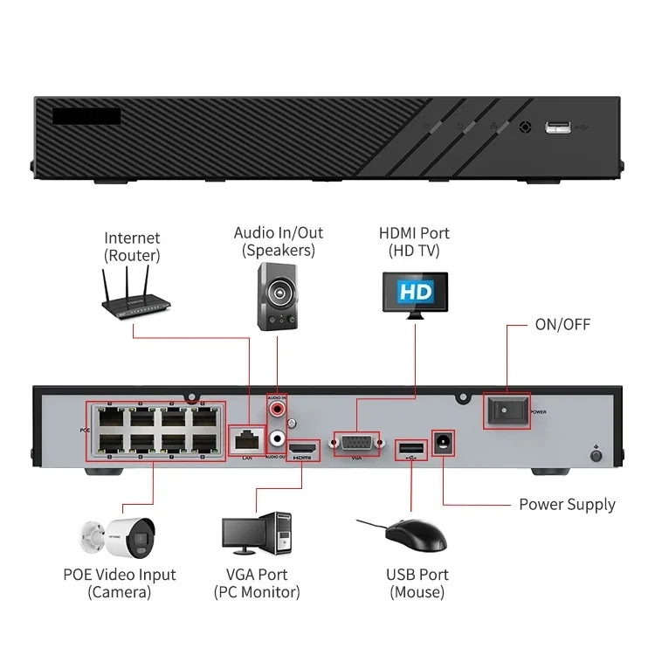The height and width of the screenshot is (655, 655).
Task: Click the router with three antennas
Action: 133,297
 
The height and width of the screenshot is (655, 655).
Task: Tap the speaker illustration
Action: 277,298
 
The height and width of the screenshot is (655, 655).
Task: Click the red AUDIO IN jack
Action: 278,408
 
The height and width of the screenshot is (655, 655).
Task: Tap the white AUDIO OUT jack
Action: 278,431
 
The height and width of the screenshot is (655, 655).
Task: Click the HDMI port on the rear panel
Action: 304,450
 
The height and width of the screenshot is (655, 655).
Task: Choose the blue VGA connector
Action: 356,442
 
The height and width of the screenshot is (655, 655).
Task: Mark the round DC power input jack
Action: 444,443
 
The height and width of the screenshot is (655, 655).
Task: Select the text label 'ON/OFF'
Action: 562,325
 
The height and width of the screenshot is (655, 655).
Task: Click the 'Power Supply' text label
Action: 567,505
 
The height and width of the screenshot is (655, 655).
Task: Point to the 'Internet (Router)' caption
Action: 133,246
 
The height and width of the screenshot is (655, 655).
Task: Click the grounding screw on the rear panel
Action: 596,454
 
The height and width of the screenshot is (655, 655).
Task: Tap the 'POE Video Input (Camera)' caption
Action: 119,583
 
